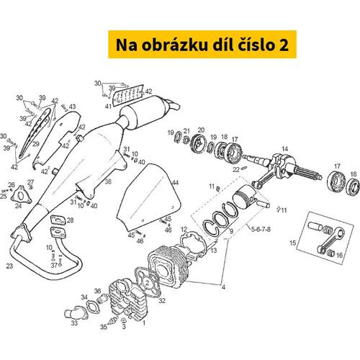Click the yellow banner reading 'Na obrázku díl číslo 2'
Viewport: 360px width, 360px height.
202,45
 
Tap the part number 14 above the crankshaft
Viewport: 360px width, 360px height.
284,149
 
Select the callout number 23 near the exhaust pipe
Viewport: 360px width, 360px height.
9,266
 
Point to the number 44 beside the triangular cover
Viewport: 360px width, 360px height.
176,183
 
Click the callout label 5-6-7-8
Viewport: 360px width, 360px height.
261,229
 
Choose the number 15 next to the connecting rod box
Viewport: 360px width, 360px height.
293,243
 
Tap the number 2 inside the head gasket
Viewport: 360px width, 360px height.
148,283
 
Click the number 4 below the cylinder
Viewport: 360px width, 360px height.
223,287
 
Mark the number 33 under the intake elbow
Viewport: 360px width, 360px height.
74,323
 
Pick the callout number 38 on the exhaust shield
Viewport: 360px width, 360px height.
108,181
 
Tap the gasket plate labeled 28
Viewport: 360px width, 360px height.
58,220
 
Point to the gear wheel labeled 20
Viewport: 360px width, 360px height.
198,145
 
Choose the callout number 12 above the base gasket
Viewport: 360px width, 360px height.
184,230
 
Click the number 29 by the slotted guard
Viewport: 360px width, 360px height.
36,144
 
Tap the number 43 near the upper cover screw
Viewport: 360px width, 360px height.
73,107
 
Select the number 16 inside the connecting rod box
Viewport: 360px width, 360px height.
339,255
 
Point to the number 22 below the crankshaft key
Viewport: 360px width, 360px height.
236,170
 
